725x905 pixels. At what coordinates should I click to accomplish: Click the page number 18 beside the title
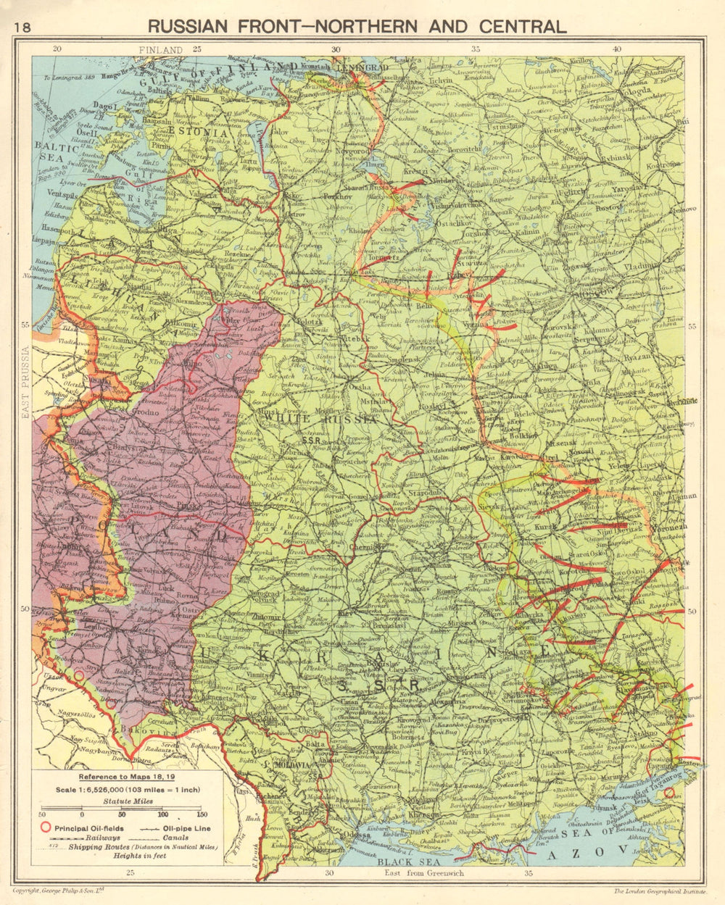[x=22, y=28]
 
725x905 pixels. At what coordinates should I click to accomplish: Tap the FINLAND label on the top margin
[x=161, y=49]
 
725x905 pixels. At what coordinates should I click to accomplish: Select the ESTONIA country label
[x=204, y=133]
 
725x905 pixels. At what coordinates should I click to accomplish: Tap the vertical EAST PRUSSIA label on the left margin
[x=26, y=383]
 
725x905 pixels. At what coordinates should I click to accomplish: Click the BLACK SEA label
[x=397, y=862]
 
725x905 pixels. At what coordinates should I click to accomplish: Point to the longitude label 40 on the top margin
[x=617, y=49]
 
